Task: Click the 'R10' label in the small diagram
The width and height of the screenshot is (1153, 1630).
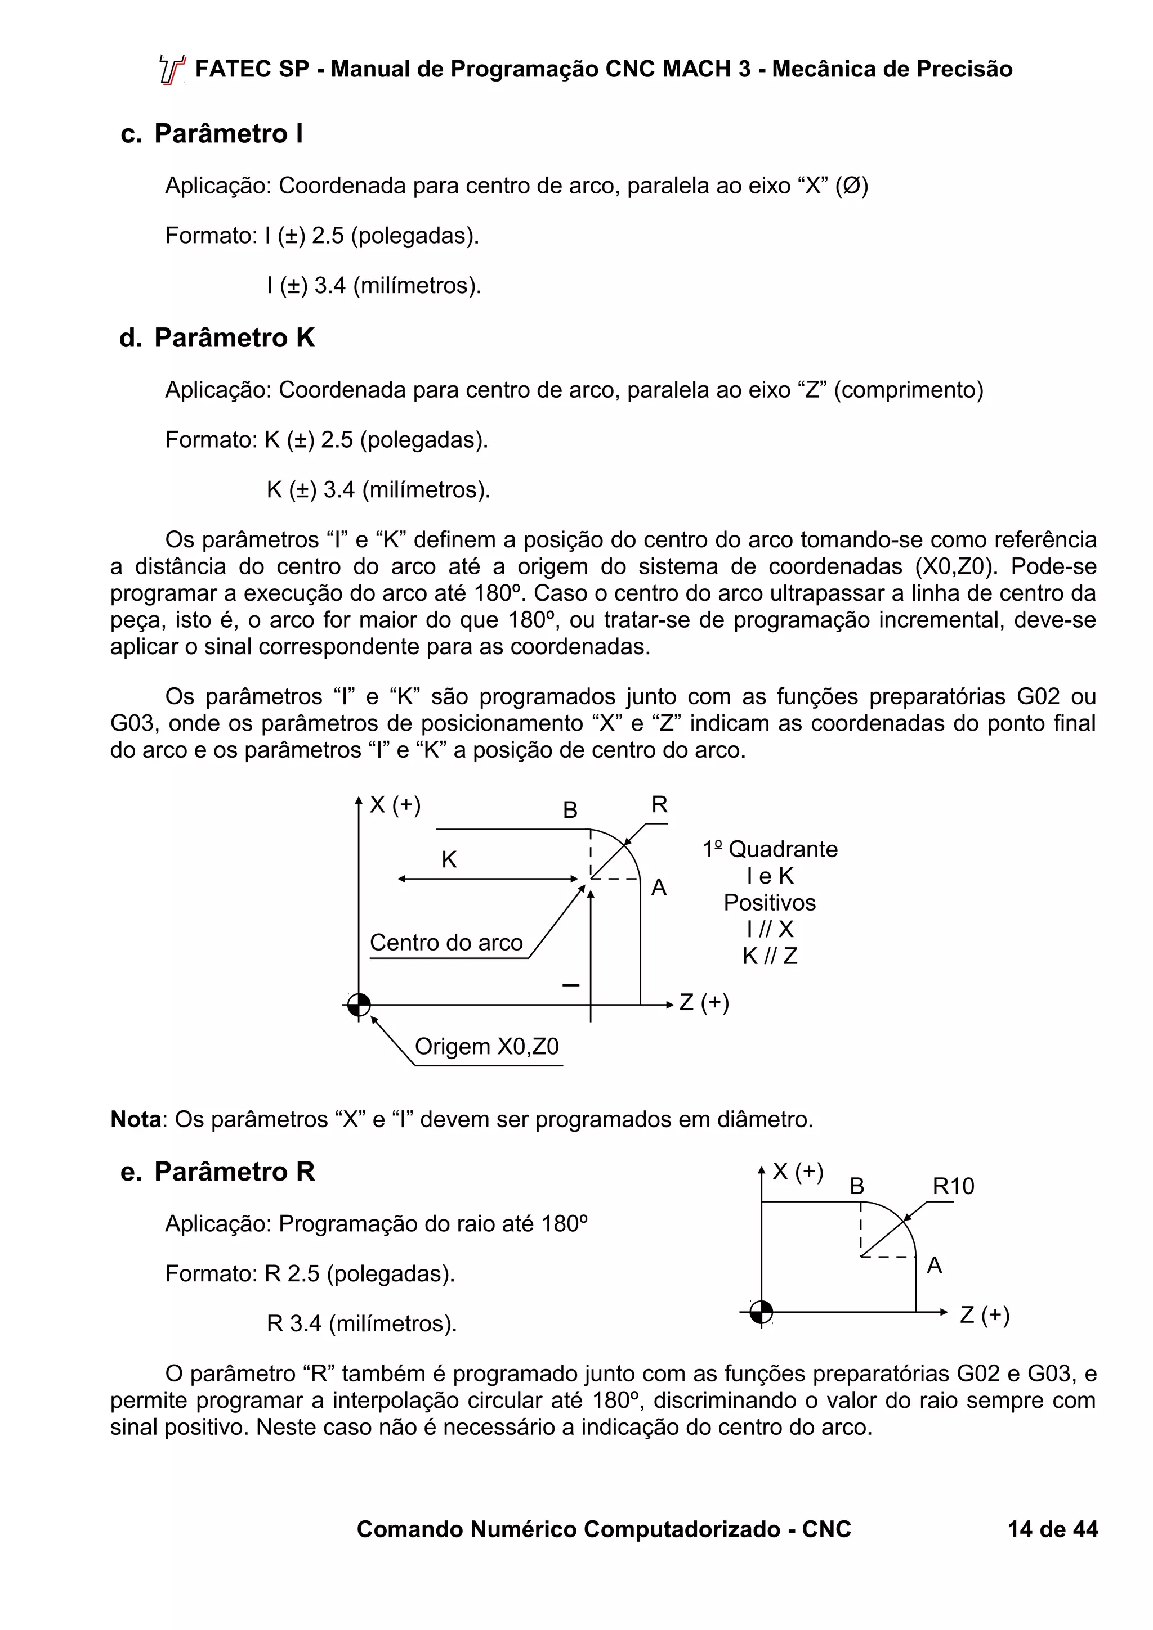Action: point(953,1186)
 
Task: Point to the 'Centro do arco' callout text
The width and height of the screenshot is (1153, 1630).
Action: point(446,942)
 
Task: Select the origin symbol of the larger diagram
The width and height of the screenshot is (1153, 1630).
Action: point(360,1005)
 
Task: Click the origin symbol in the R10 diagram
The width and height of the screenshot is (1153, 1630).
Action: point(762,1312)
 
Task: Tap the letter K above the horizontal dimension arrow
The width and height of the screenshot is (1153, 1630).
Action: point(449,860)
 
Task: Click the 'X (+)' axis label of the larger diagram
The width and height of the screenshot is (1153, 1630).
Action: point(395,804)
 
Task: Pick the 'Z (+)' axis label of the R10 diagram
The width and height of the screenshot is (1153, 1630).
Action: point(984,1315)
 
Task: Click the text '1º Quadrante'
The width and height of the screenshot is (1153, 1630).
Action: point(770,849)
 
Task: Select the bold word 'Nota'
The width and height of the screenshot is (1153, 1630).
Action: point(136,1119)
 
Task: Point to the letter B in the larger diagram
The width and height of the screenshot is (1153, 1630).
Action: point(570,810)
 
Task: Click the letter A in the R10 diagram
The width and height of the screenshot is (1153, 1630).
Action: point(934,1265)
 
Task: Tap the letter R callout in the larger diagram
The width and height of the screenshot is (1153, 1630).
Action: point(659,804)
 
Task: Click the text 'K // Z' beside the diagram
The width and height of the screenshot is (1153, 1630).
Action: point(770,956)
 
